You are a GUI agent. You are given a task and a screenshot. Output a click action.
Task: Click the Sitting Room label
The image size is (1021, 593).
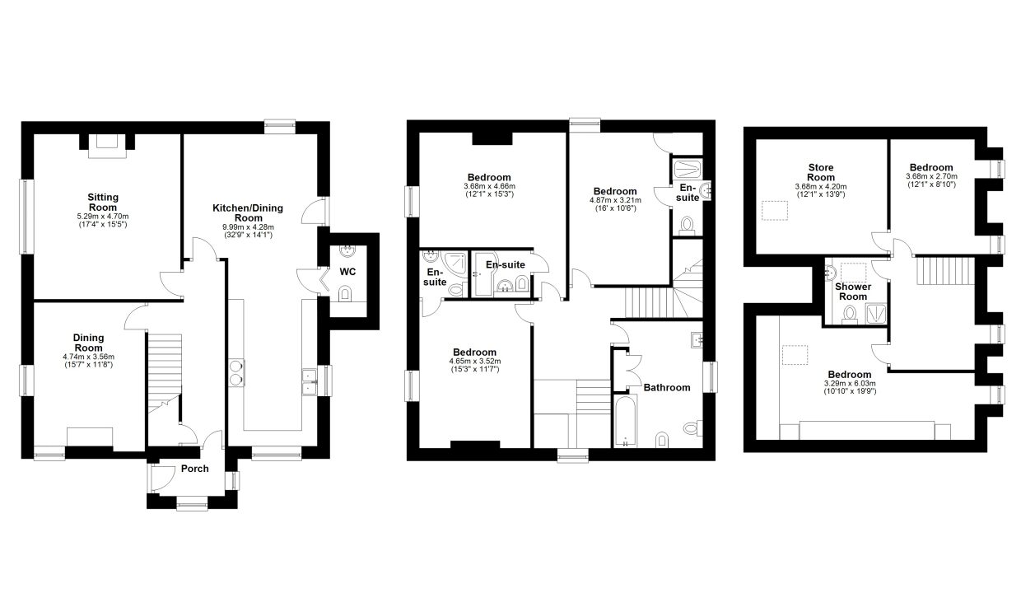[x=103, y=203]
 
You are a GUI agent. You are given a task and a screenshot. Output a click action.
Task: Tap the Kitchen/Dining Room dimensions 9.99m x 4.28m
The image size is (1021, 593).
[x=248, y=227]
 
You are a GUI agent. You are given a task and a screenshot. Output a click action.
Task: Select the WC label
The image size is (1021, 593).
[x=347, y=272]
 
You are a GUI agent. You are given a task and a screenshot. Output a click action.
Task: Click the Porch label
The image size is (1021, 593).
[x=194, y=469]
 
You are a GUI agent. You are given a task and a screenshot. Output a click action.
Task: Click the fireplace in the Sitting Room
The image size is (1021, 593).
[x=107, y=146]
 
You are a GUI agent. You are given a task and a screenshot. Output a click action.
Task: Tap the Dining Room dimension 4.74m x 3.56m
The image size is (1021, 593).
[x=88, y=357]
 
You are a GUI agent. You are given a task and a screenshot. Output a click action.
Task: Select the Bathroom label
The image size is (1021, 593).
[x=667, y=387]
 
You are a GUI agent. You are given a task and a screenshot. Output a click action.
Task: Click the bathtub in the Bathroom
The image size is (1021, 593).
[x=625, y=421]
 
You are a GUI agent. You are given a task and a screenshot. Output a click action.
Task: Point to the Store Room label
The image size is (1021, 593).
[x=821, y=172]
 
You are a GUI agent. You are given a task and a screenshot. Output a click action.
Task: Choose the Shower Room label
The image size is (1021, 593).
[x=853, y=292]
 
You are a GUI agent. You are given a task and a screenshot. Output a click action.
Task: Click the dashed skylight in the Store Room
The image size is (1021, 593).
[x=775, y=211]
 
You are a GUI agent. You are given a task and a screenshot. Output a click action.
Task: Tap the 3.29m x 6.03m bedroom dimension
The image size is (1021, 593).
[x=850, y=384]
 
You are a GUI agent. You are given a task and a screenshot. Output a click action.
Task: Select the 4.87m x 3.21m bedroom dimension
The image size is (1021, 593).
[x=615, y=200]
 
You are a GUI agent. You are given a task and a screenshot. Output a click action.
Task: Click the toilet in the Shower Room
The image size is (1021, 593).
[x=850, y=315]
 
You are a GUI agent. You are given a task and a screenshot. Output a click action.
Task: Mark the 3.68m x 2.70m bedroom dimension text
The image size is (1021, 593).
[x=931, y=176]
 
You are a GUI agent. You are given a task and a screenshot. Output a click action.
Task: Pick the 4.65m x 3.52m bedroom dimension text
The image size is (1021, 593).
[x=474, y=362]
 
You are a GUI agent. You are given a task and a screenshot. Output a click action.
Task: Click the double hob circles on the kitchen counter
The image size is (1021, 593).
[x=236, y=373]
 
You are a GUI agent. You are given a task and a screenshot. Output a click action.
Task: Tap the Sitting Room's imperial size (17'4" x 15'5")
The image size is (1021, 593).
[x=103, y=224]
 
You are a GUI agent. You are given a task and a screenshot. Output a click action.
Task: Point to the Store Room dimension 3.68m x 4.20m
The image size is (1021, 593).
[x=821, y=186]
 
